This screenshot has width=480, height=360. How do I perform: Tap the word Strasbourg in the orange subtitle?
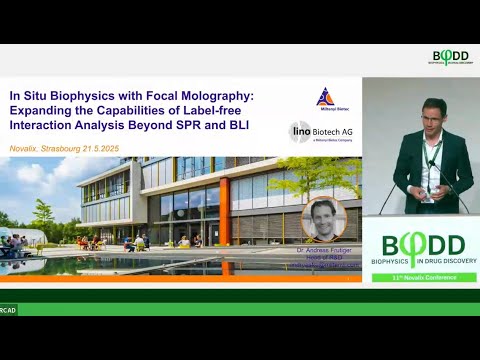coord(76,146)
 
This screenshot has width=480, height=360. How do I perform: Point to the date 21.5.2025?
coord(127,146)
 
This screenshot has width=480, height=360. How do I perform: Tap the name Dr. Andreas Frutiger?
coord(322,250)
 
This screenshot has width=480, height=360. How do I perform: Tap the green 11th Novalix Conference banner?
coord(420,275)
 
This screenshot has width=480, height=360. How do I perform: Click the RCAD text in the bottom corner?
coord(8,309)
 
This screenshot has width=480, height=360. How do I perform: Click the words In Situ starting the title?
coord(30,95)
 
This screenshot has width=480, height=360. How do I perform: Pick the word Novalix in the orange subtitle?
coord(28,146)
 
